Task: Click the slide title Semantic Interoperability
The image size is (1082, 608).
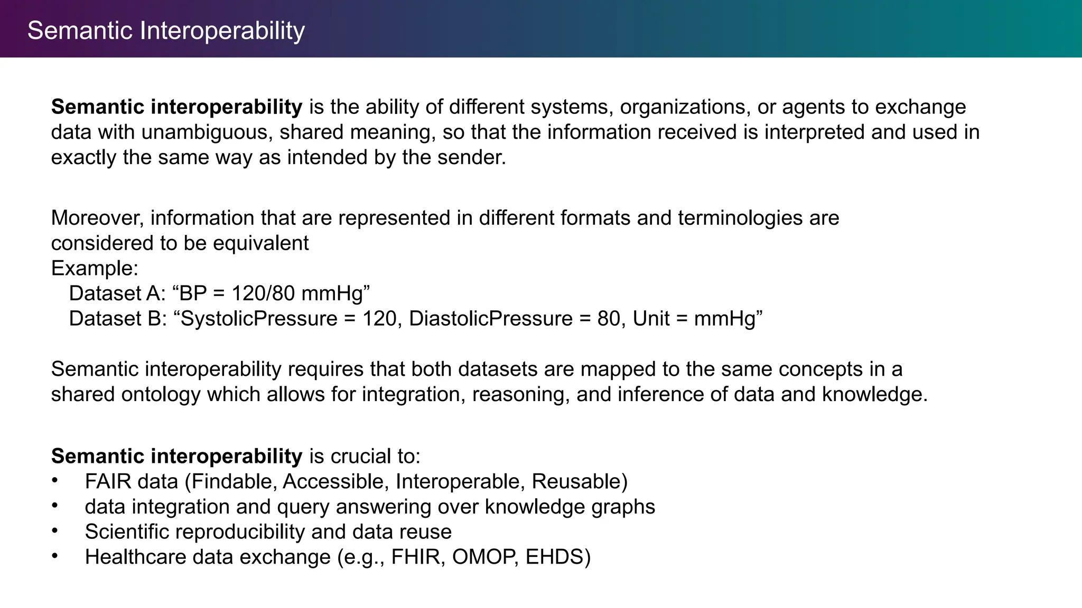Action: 166,31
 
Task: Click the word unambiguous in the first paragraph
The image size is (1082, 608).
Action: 207,132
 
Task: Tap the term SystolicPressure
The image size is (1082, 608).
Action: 259,319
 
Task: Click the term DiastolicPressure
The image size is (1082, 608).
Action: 490,319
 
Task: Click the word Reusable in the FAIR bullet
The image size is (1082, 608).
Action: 577,482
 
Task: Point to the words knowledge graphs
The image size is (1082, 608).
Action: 570,507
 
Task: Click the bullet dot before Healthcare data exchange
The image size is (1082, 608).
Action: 54,556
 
